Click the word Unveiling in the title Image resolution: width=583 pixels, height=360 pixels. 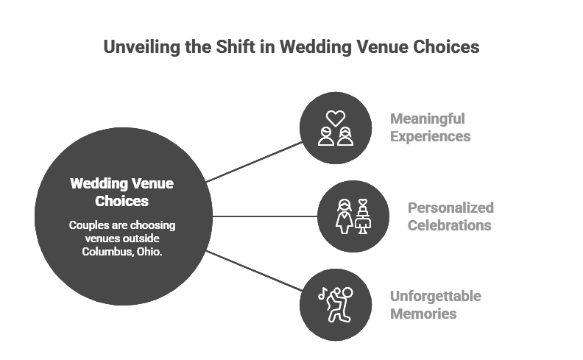(137, 48)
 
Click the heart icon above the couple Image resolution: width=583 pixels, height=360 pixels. (336, 117)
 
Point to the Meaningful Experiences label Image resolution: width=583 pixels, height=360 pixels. (430, 127)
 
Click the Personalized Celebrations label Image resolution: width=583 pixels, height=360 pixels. (450, 216)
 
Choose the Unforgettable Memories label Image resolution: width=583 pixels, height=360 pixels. (435, 305)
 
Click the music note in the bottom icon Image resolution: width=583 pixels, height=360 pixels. (322, 294)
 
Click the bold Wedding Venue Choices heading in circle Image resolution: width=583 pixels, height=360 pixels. (122, 191)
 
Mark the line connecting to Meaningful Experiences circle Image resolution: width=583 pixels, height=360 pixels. (255, 162)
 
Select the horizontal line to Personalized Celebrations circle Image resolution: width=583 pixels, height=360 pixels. (265, 216)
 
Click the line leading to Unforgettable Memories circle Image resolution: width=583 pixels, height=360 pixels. (255, 271)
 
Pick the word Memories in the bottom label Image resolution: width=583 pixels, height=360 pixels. (423, 314)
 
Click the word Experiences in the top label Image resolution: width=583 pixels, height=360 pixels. (431, 136)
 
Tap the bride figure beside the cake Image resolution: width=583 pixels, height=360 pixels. (344, 216)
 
